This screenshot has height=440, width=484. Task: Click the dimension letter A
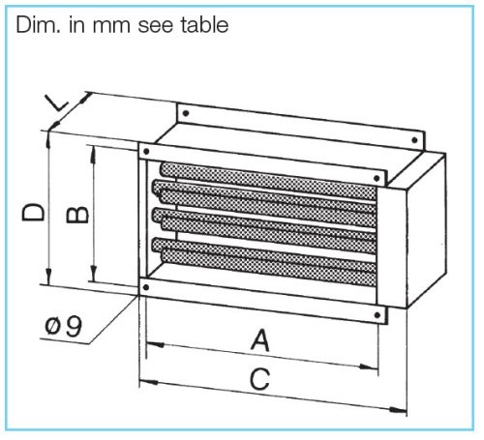pyautogui.click(x=260, y=340)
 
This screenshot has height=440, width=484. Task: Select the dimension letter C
pyautogui.click(x=259, y=379)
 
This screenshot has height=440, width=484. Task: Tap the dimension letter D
pyautogui.click(x=33, y=212)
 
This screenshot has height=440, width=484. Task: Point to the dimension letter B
pyautogui.click(x=77, y=215)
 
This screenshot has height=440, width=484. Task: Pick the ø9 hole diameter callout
pyautogui.click(x=64, y=326)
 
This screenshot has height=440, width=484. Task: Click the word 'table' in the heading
pyautogui.click(x=205, y=25)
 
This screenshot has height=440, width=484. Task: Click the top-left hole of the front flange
pyautogui.click(x=146, y=151)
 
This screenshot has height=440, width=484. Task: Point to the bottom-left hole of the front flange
pyautogui.click(x=146, y=287)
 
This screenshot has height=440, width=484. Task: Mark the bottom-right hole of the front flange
pyautogui.click(x=378, y=315)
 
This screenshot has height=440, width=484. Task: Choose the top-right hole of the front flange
pyautogui.click(x=377, y=178)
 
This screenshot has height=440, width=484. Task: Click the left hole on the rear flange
pyautogui.click(x=186, y=113)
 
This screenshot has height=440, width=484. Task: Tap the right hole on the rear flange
pyautogui.click(x=415, y=140)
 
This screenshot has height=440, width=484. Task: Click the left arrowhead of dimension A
pyautogui.click(x=155, y=344)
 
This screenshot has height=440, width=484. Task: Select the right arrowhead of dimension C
pyautogui.click(x=398, y=410)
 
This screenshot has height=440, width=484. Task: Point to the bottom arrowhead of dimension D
pyautogui.click(x=48, y=276)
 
